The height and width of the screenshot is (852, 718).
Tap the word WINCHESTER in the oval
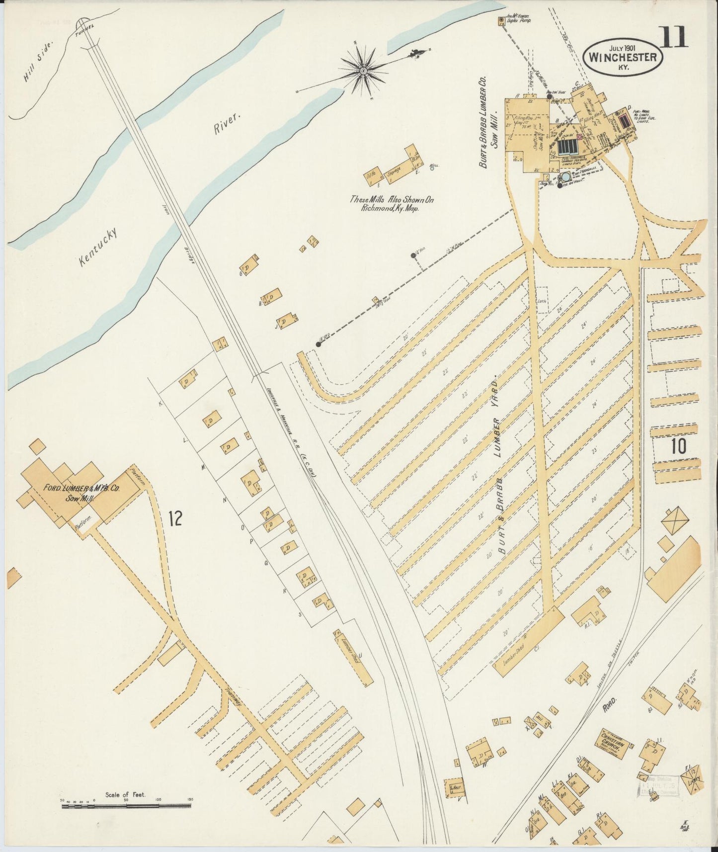click(624, 57)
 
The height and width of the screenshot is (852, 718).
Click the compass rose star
click(363, 72)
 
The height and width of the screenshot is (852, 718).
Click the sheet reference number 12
click(174, 518)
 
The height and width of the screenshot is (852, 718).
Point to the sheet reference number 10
click(678, 446)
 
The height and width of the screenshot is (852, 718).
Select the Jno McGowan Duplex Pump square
click(501, 20)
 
